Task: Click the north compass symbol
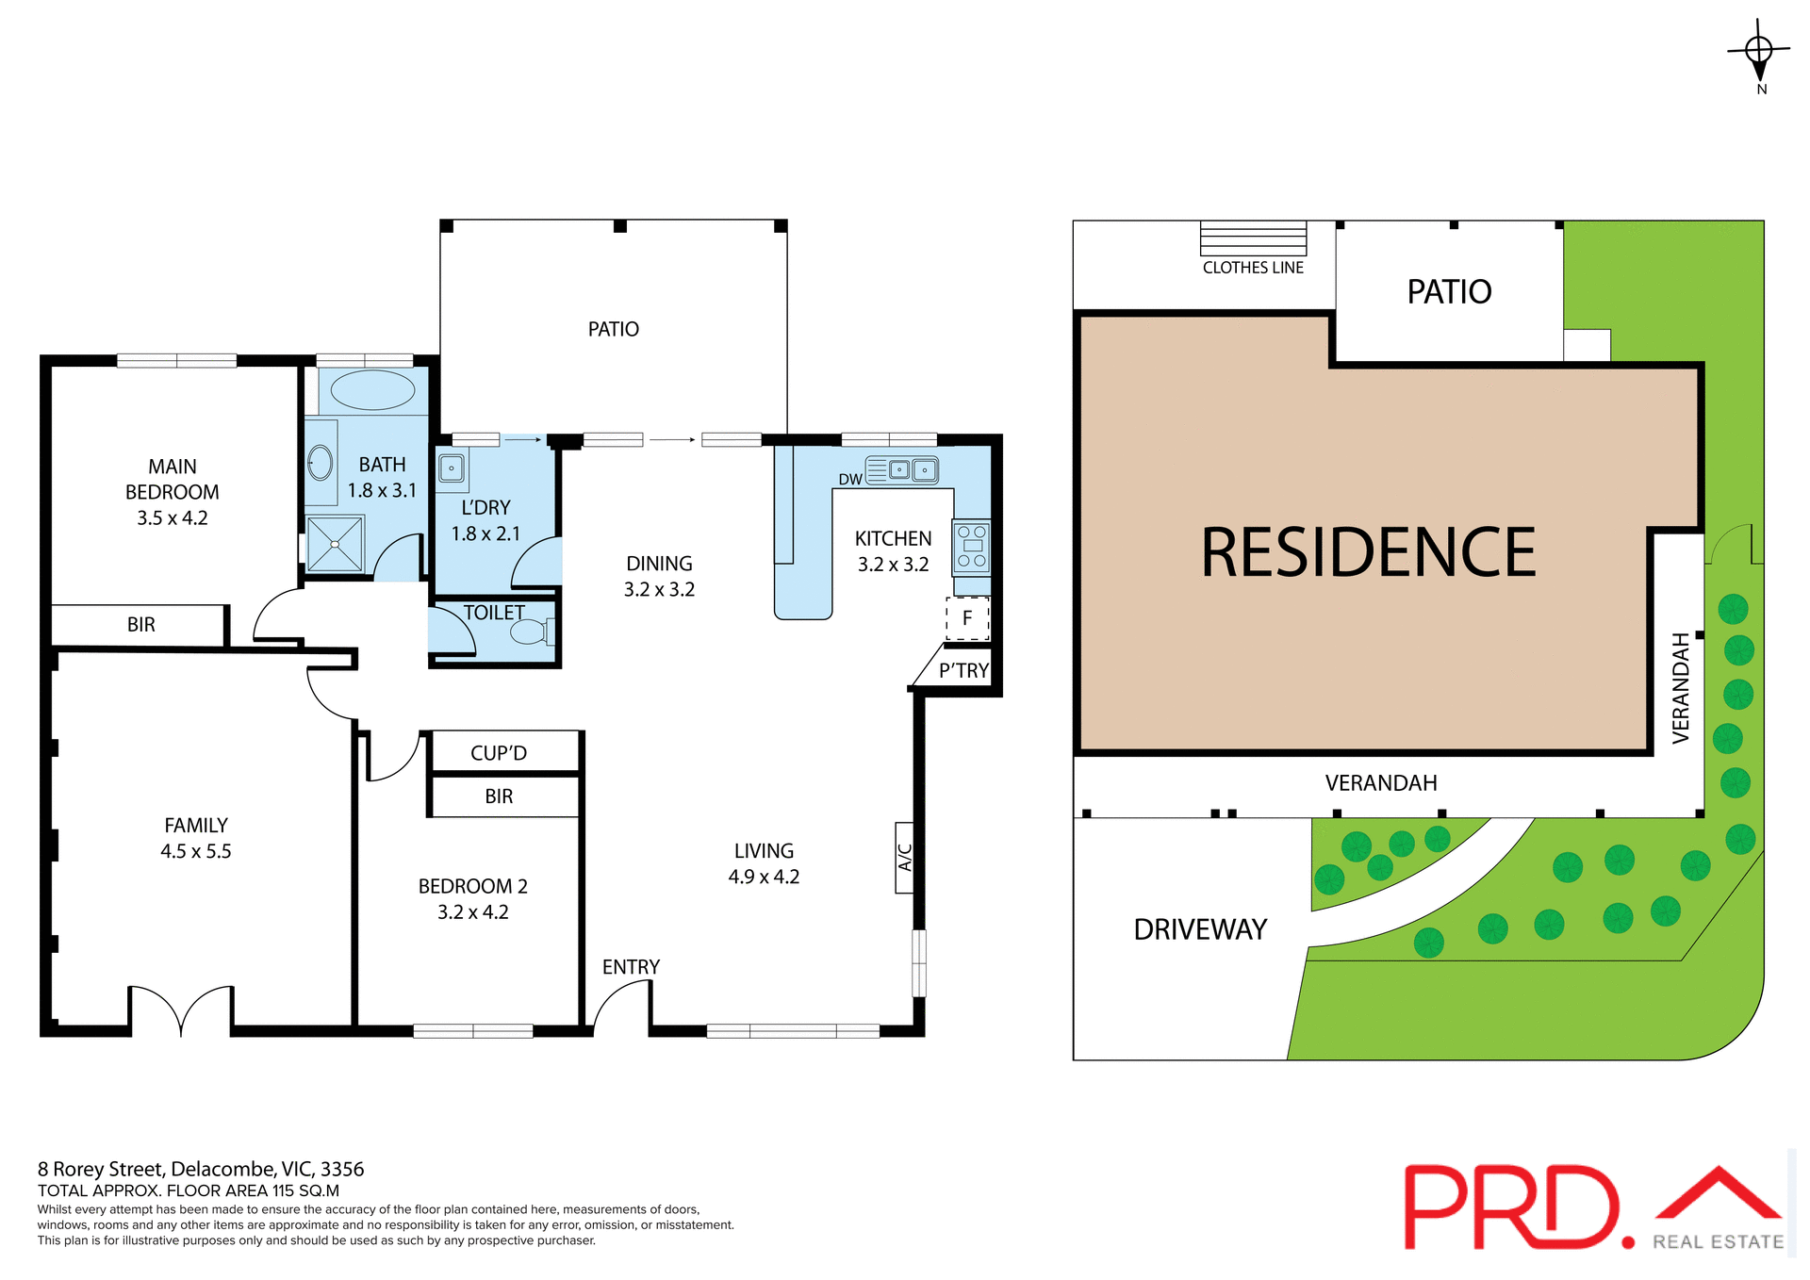click(x=1759, y=53)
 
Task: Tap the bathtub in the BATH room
click(x=372, y=390)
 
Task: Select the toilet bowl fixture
click(x=531, y=631)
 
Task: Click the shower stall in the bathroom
click(x=335, y=544)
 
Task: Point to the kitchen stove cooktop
click(x=971, y=547)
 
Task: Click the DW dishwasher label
click(x=849, y=479)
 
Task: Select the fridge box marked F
click(x=967, y=618)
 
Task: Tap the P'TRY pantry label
click(x=963, y=670)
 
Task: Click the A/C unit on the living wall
click(x=904, y=857)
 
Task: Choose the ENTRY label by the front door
click(x=631, y=967)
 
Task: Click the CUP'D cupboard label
click(x=499, y=753)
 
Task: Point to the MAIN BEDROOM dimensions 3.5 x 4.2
click(x=173, y=517)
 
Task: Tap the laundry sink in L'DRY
click(x=452, y=468)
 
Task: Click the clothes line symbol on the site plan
click(x=1253, y=238)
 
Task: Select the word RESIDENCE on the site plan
click(x=1368, y=553)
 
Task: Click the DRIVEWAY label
click(x=1200, y=929)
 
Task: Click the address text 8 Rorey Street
click(x=201, y=1169)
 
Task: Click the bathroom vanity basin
click(x=321, y=463)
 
